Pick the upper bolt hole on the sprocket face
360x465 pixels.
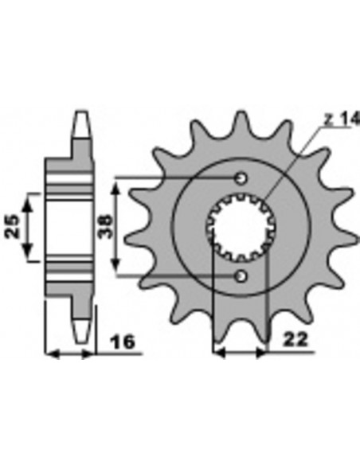[x=241, y=178]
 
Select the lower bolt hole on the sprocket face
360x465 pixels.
[x=241, y=275]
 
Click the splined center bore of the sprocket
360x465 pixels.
[x=241, y=227]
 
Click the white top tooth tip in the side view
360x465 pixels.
[x=80, y=124]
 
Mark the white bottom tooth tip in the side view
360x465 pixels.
[x=80, y=328]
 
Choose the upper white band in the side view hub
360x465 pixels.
[x=71, y=191]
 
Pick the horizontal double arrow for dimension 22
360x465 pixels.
[x=241, y=351]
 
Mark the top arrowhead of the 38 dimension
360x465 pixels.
[x=118, y=185]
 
